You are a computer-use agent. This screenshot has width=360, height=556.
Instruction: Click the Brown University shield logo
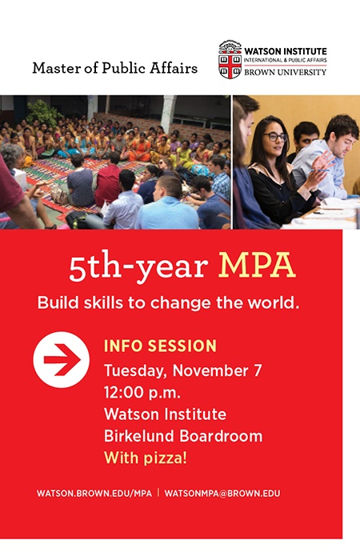230,59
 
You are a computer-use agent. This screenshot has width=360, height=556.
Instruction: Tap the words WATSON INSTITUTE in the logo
285,51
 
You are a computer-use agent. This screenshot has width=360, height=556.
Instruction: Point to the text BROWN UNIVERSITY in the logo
285,72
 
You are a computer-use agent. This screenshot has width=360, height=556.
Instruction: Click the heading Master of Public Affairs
115,68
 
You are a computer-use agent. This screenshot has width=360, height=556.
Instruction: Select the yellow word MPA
257,266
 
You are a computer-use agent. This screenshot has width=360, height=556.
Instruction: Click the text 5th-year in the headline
138,266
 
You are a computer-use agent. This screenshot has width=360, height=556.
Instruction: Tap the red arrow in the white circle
62,359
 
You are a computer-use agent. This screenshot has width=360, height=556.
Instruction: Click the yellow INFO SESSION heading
160,346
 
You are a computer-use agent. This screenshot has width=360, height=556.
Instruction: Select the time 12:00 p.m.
142,393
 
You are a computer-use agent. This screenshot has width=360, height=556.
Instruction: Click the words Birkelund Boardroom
183,436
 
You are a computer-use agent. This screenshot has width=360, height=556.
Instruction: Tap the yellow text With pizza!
146,458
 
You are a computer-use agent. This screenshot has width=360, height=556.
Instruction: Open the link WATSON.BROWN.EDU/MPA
94,494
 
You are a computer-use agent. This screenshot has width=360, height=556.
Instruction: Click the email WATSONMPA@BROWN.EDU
222,494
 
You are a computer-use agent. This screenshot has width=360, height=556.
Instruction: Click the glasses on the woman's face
275,137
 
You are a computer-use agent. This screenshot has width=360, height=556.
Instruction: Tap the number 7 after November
258,370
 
